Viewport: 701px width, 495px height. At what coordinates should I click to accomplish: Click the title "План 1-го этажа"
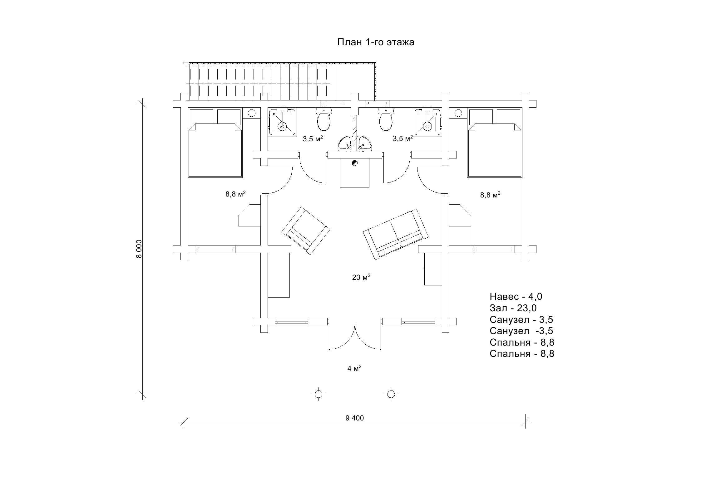coord(376,42)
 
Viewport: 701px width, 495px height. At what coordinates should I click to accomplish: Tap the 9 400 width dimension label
coord(355,418)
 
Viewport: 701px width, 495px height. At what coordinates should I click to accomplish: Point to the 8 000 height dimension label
coord(139,249)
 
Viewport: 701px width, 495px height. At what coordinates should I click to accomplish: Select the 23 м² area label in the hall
coord(361,277)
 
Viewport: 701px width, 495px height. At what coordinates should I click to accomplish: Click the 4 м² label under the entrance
coord(354,368)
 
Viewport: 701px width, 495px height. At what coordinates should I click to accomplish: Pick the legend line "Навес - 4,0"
coord(516,296)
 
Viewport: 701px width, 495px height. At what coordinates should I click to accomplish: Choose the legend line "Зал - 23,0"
coord(513,308)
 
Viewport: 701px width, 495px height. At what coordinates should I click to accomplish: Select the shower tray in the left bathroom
coord(282,122)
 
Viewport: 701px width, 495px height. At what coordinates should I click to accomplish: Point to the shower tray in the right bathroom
coord(427,122)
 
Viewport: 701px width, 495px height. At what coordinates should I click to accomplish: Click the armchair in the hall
coord(306,231)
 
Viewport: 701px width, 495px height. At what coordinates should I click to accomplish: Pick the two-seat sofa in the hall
coord(396,233)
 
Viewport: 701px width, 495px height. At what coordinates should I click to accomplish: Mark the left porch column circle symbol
coord(318,394)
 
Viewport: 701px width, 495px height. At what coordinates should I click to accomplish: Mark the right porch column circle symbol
coord(390,394)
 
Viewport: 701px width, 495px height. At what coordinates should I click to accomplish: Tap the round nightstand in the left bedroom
coord(252,113)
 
